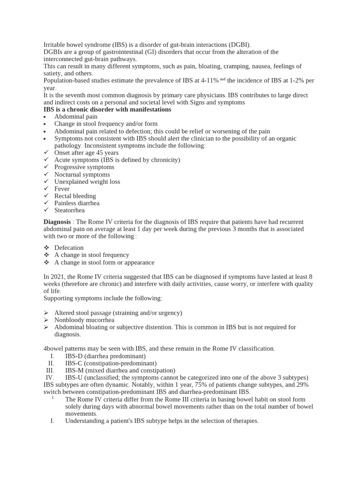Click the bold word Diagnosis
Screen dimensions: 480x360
[x=57, y=222]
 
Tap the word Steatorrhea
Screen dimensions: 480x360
[x=69, y=210]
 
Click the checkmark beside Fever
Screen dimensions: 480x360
[x=46, y=189]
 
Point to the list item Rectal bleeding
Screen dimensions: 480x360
[x=75, y=196]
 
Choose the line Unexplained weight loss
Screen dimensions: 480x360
[x=87, y=181]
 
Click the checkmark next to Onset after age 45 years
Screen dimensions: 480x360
[x=46, y=153]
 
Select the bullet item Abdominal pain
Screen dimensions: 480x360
[x=75, y=117]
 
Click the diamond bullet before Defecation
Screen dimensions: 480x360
[x=46, y=248]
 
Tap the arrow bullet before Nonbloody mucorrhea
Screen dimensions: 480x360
[x=46, y=320]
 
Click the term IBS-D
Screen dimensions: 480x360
[x=74, y=356]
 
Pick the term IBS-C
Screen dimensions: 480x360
[x=74, y=363]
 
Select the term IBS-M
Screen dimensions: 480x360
[x=75, y=370]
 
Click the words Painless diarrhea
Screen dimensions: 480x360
[x=77, y=203]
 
